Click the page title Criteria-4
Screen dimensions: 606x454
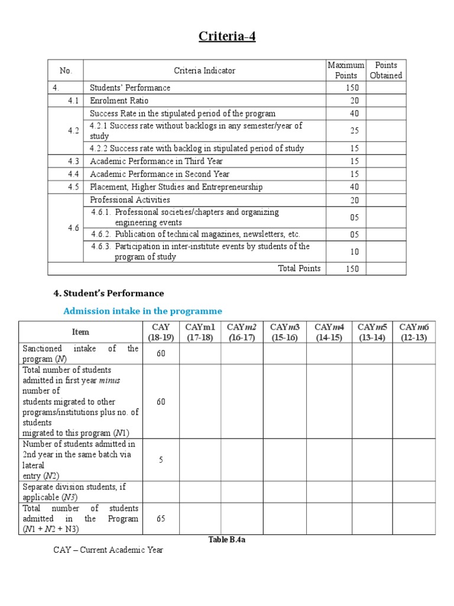click(227, 37)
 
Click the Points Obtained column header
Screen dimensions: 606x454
click(385, 70)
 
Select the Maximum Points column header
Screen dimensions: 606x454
click(346, 70)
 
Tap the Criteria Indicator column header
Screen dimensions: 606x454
click(205, 70)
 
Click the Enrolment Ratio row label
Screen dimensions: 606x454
click(119, 101)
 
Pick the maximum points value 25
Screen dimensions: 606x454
click(354, 131)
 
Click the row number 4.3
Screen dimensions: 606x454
click(73, 161)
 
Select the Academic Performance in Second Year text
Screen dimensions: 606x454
click(160, 174)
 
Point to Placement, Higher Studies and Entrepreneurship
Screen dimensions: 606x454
click(176, 187)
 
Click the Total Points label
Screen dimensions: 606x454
click(299, 268)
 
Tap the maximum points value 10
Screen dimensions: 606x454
click(354, 252)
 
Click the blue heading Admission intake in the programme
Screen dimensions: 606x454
click(142, 311)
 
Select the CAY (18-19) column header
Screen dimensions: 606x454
click(160, 332)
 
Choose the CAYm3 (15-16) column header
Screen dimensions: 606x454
click(284, 332)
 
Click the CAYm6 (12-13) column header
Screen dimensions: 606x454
click(413, 332)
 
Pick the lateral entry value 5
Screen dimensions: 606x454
click(160, 460)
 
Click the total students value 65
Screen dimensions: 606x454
click(160, 519)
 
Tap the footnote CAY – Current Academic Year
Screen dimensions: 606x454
click(108, 550)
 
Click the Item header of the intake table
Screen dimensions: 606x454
click(80, 332)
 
